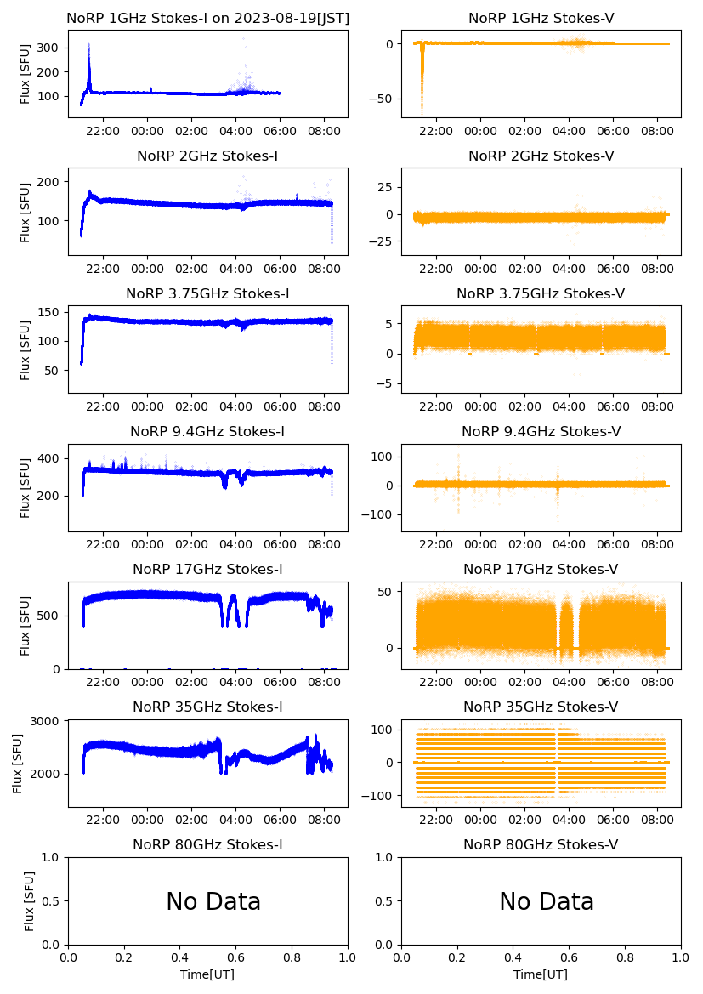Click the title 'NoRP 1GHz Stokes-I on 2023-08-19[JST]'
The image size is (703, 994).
207,18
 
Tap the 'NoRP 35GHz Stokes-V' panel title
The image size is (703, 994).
541,707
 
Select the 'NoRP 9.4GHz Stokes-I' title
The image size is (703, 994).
207,432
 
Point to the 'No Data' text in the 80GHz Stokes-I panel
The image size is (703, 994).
213,901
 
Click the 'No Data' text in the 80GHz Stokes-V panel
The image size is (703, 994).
547,901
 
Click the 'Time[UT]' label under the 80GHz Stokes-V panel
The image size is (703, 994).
541,974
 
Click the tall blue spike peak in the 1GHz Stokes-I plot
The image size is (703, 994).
88,45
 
